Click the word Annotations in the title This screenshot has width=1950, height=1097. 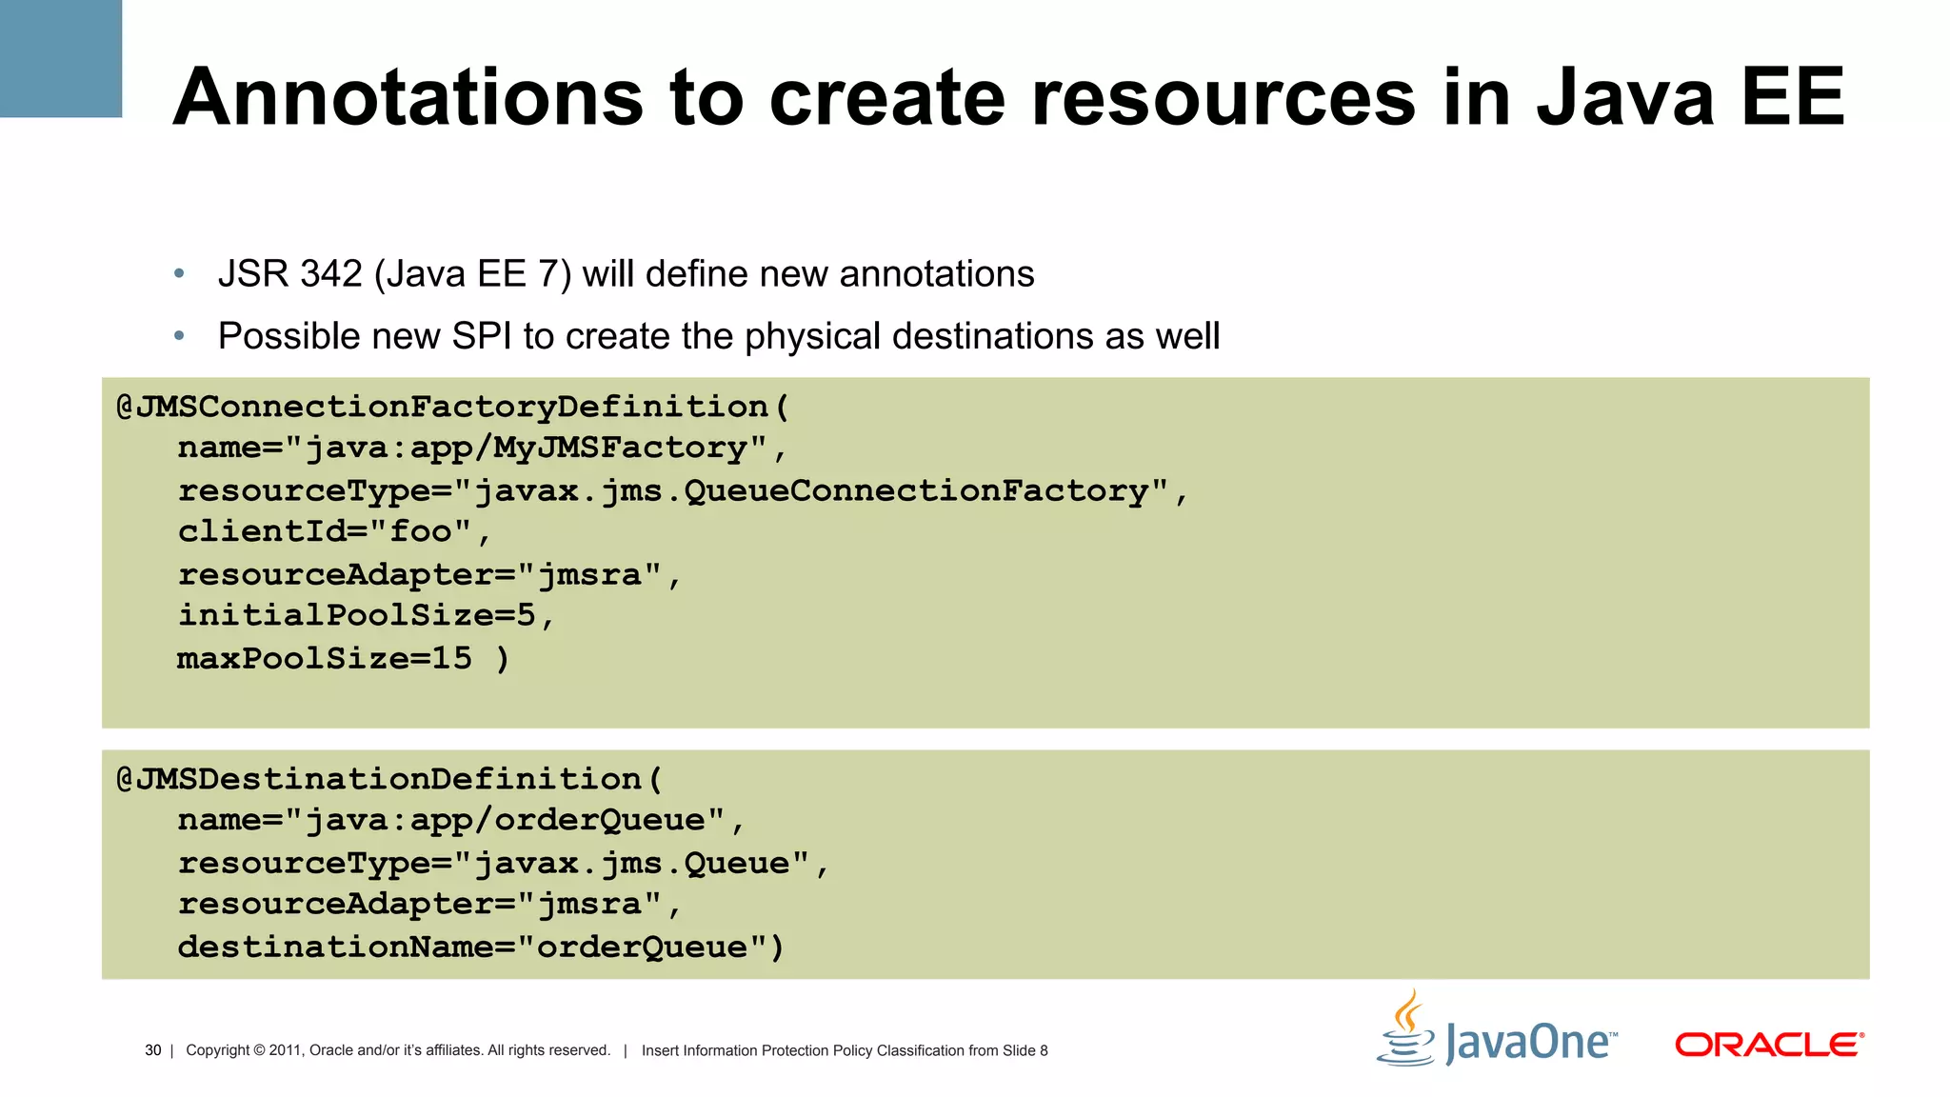point(408,98)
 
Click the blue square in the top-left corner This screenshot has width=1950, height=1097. point(60,58)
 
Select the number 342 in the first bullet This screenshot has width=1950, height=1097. point(330,274)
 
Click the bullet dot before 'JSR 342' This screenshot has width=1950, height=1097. point(179,274)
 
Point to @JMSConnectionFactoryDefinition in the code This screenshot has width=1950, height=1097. point(443,407)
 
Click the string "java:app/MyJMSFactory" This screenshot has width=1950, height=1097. point(526,448)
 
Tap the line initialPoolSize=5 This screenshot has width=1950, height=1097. point(366,615)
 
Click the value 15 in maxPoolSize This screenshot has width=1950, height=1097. point(451,658)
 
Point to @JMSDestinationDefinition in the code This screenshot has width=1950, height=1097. point(379,779)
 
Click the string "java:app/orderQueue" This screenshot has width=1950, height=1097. point(505,820)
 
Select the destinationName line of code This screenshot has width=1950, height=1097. point(480,947)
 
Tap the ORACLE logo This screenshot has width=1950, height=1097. point(1769,1045)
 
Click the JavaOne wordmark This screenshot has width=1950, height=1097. point(1530,1042)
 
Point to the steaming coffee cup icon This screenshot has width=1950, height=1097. point(1406,1030)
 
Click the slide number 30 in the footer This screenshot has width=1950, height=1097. point(152,1050)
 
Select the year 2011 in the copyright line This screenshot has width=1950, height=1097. point(287,1050)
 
